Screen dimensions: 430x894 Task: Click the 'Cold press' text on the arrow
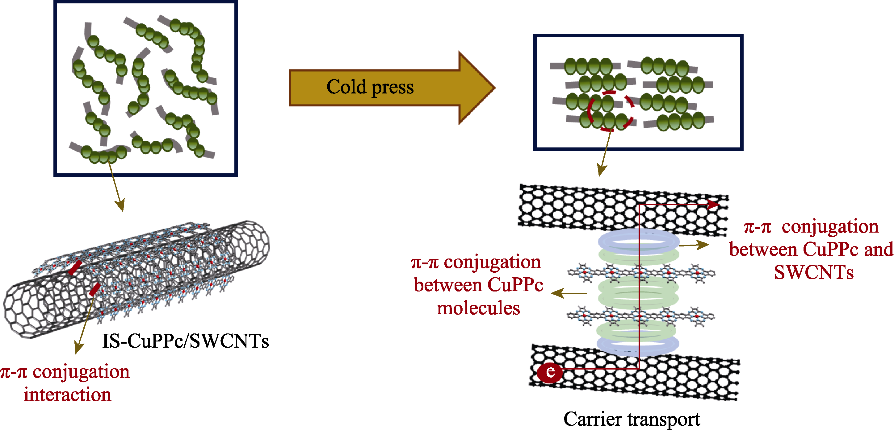coord(370,87)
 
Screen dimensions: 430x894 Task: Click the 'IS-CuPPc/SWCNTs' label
coord(185,341)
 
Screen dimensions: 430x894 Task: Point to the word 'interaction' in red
coord(67,395)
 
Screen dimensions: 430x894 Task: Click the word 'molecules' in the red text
coord(478,308)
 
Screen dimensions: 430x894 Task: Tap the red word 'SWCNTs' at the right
coord(814,272)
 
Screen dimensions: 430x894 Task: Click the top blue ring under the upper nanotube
coord(639,241)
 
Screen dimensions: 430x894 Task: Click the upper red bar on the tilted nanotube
coord(75,268)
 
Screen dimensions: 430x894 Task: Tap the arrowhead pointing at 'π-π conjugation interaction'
coord(79,348)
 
